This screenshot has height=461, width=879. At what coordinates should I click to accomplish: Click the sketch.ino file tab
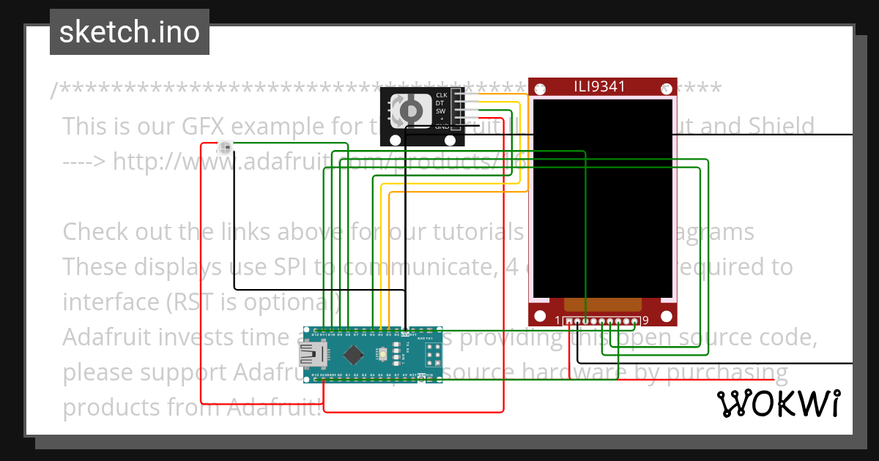[129, 32]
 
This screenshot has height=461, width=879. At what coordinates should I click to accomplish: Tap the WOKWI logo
[778, 403]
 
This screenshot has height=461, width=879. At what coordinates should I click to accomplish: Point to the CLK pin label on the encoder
[441, 95]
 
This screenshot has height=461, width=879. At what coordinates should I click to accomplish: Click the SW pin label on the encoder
[441, 110]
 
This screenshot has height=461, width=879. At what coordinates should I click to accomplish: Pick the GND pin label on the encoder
[442, 127]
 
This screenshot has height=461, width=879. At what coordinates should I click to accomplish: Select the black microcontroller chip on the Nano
[354, 355]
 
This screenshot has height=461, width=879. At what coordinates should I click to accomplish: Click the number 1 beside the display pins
[557, 321]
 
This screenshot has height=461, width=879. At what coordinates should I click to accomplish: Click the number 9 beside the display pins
[645, 321]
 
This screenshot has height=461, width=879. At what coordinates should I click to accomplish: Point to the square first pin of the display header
[569, 321]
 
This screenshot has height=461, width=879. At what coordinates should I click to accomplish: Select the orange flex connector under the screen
[603, 304]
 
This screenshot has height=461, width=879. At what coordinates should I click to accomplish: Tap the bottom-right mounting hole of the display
[666, 316]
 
